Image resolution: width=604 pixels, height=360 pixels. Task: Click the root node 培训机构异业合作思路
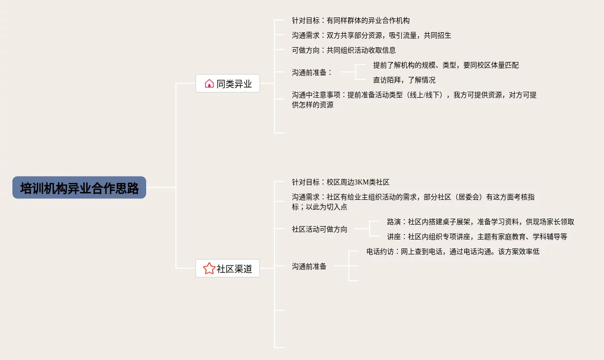pyautogui.click(x=79, y=188)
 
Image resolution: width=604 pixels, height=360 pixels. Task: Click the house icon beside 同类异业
pyautogui.click(x=209, y=84)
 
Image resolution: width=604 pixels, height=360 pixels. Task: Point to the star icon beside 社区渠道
pyautogui.click(x=209, y=269)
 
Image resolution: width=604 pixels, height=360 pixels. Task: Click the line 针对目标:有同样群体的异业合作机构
pyautogui.click(x=351, y=21)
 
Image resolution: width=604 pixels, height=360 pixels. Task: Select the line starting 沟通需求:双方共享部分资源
pyautogui.click(x=372, y=36)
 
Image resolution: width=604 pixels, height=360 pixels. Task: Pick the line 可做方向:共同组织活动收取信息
pyautogui.click(x=344, y=50)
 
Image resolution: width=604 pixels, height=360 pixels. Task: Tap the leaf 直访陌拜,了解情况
pyautogui.click(x=404, y=80)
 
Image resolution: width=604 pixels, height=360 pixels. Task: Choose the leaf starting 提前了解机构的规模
pyautogui.click(x=446, y=65)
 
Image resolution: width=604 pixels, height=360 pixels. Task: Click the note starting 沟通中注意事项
pyautogui.click(x=414, y=100)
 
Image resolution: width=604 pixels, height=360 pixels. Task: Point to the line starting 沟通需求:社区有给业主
pyautogui.click(x=413, y=202)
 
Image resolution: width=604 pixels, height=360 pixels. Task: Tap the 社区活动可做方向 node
pyautogui.click(x=320, y=229)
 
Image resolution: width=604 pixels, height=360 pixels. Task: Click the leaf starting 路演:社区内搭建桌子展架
pyautogui.click(x=480, y=222)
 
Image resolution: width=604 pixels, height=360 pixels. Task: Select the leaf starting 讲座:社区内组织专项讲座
pyautogui.click(x=477, y=237)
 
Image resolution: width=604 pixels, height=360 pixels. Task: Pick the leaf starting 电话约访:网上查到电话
pyautogui.click(x=452, y=251)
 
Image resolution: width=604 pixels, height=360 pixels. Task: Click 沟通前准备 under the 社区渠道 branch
pyautogui.click(x=309, y=266)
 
